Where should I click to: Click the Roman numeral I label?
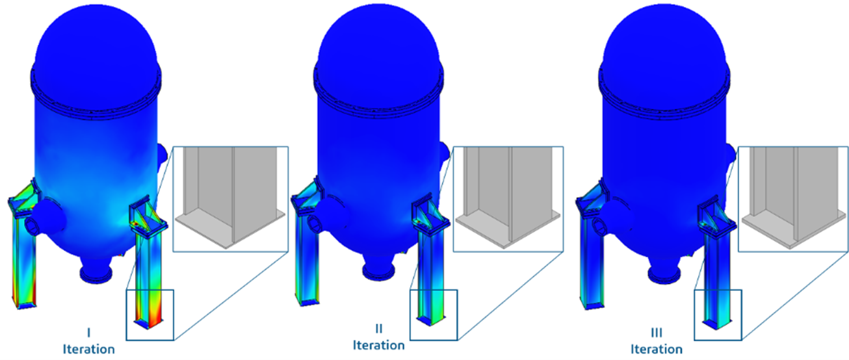pos(88,333)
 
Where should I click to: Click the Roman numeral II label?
pos(378,329)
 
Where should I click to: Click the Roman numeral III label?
pos(657,333)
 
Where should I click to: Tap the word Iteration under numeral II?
pos(378,345)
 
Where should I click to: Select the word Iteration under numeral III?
pos(657,349)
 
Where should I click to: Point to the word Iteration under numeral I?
pos(88,349)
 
